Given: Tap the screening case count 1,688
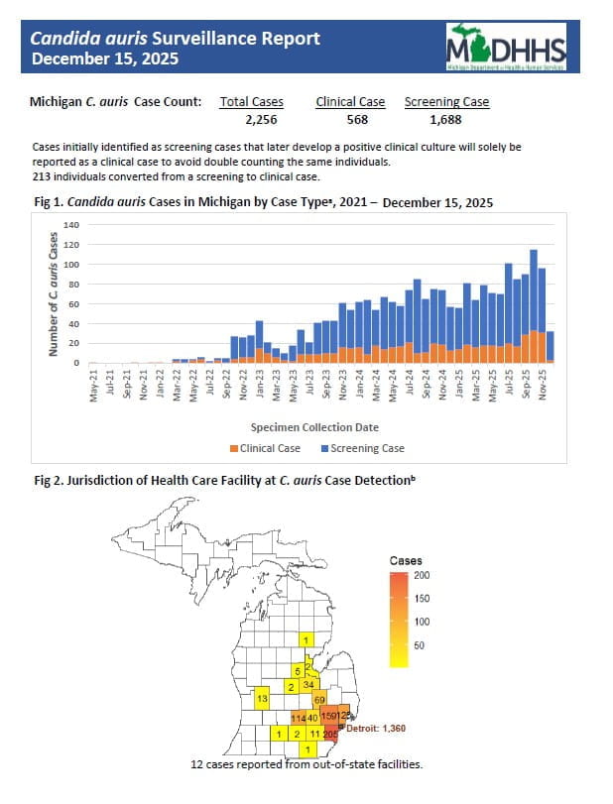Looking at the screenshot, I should [446, 120].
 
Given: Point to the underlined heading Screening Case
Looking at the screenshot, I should [446, 101].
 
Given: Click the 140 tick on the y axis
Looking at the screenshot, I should [70, 225].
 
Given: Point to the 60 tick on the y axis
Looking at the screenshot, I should [72, 304].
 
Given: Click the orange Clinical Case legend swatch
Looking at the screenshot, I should [234, 448].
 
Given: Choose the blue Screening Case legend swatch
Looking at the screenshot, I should [324, 448].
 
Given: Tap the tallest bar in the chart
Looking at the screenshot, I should [534, 306].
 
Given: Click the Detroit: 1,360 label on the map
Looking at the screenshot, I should [375, 728].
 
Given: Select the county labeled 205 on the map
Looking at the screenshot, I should [331, 734].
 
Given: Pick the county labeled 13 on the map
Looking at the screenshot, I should [262, 699].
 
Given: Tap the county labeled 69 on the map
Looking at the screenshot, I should [319, 700].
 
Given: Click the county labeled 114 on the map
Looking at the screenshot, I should [297, 717].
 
